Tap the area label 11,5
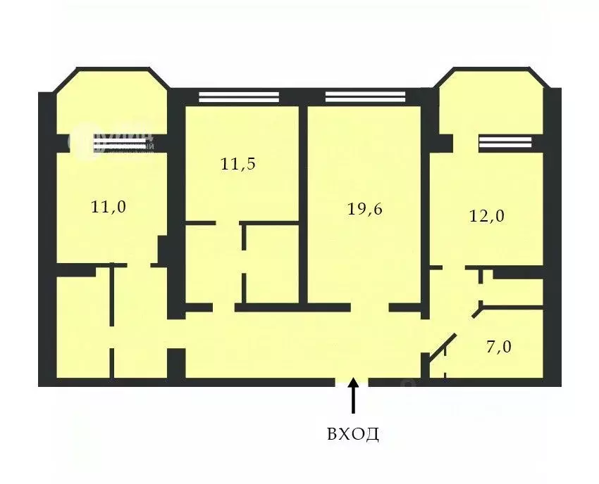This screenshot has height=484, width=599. [x=237, y=165]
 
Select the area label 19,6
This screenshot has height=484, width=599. [x=365, y=209]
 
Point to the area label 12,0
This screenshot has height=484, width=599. [x=487, y=216]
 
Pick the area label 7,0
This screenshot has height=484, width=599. [x=498, y=347]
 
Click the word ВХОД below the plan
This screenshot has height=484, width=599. [x=353, y=433]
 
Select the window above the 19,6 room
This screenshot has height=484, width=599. [x=365, y=98]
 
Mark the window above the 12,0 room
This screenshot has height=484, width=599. [x=505, y=143]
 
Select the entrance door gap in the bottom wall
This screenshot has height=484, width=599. [x=352, y=382]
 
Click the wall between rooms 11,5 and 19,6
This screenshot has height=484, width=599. [x=303, y=204]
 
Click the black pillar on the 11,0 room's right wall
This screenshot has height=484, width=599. [x=163, y=250]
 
